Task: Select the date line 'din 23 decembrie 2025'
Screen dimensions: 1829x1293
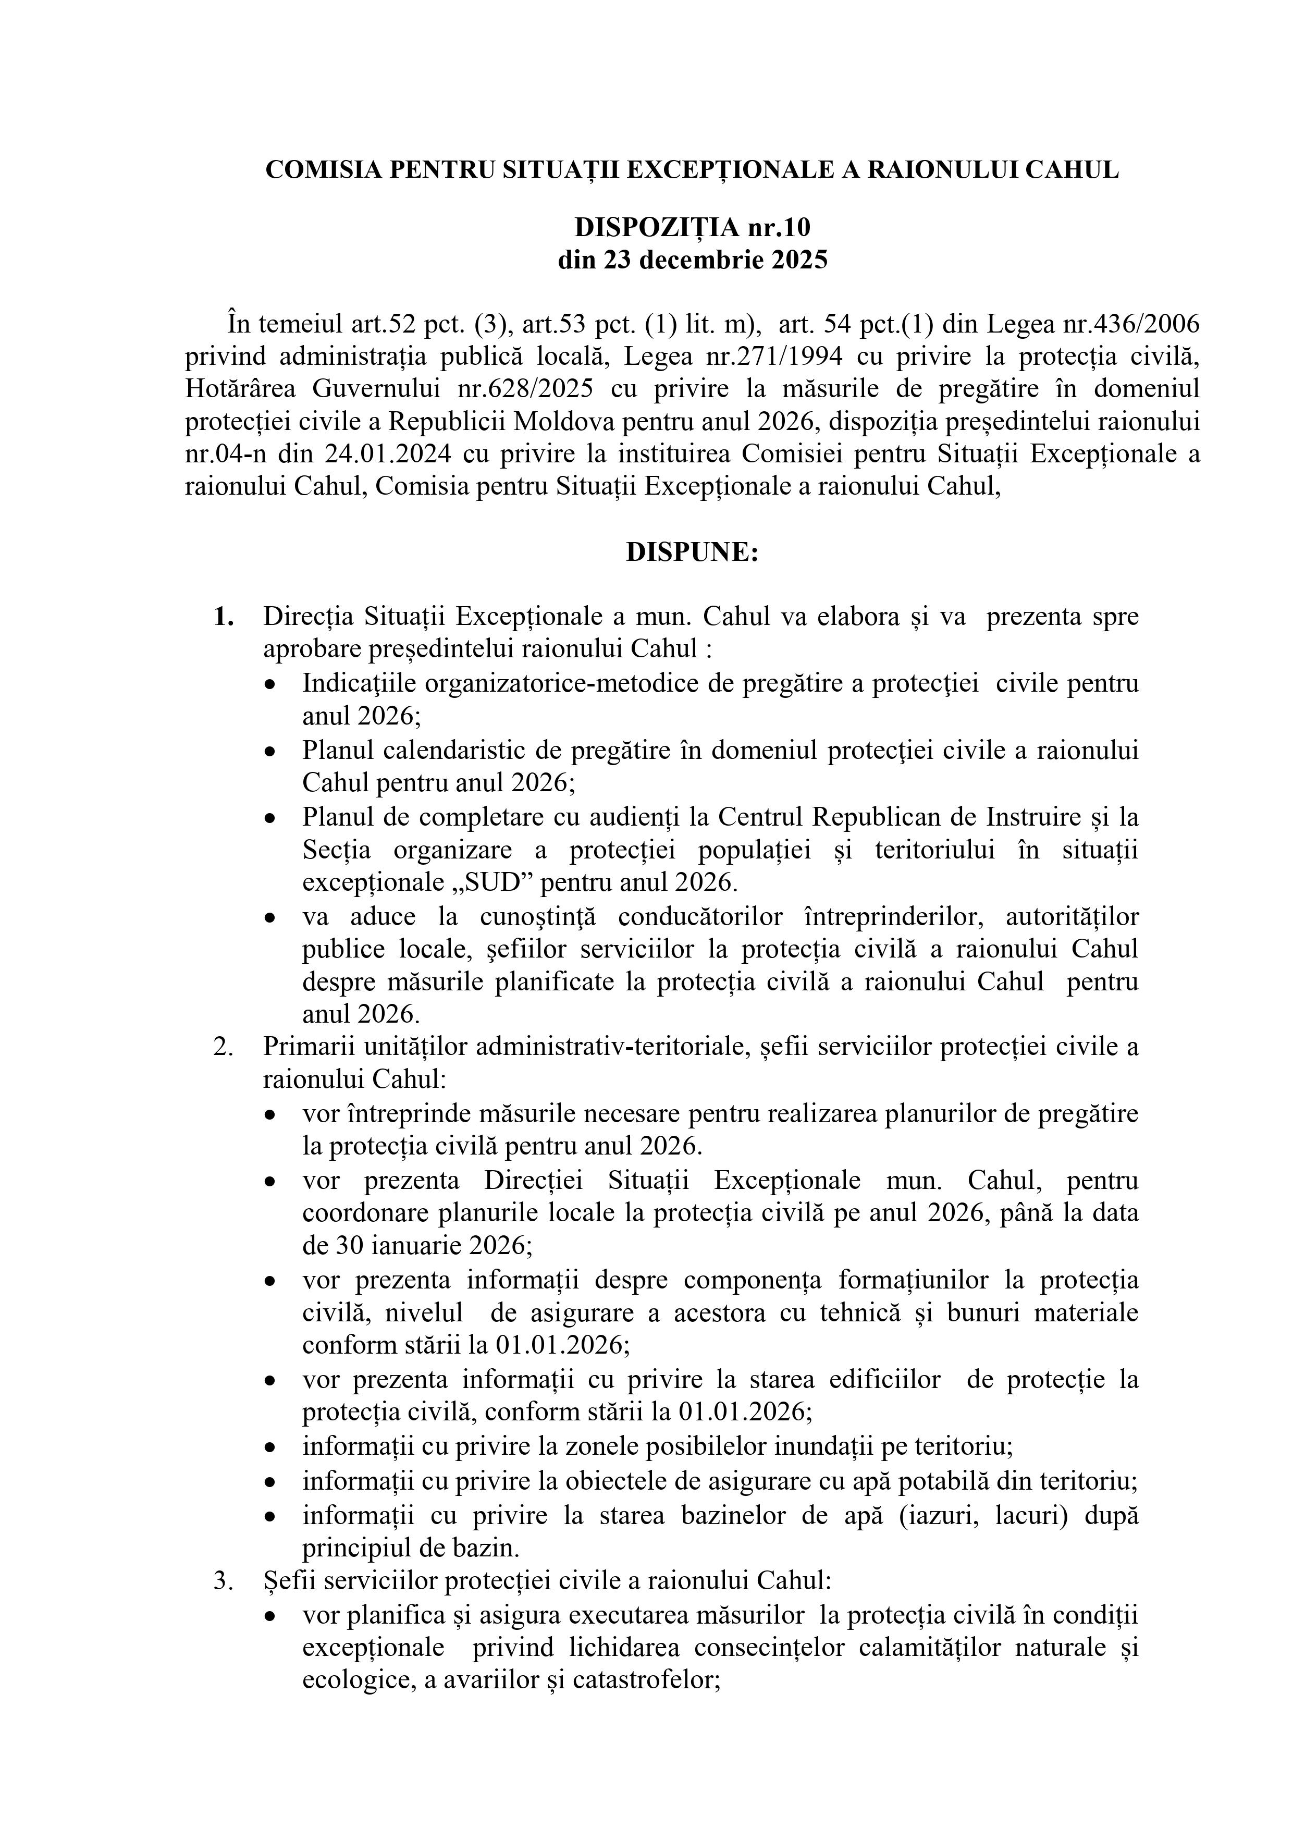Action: pyautogui.click(x=692, y=261)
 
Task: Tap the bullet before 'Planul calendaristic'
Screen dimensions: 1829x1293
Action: pyautogui.click(x=273, y=751)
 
